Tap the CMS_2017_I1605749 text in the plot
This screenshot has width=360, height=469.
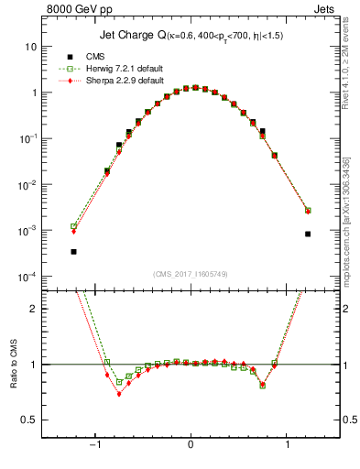tap(191, 274)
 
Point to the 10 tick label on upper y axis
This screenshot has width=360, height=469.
tap(30, 46)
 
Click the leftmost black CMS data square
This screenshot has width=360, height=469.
tap(73, 251)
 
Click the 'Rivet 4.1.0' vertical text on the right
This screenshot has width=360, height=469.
tap(345, 78)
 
